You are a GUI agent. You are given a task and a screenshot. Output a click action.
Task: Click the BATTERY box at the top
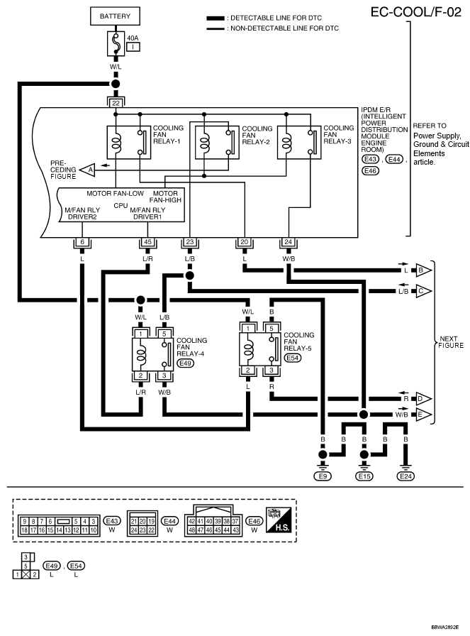click(115, 16)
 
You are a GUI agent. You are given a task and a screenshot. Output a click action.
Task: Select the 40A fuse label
click(133, 38)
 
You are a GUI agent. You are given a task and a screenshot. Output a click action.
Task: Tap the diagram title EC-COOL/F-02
click(415, 12)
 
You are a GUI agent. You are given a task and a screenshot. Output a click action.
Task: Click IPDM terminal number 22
click(116, 103)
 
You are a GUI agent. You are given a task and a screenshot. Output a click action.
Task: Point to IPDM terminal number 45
click(147, 242)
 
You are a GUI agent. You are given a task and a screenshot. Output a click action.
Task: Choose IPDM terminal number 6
click(82, 242)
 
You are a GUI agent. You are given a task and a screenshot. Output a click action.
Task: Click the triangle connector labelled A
click(87, 170)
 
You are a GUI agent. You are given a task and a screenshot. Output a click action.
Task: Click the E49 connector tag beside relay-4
click(186, 363)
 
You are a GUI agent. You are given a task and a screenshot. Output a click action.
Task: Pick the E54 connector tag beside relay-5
click(293, 358)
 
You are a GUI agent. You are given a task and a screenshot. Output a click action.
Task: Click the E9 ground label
click(323, 476)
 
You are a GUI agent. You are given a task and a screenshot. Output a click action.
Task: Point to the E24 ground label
click(405, 476)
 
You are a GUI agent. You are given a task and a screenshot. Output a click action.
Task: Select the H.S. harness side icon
click(278, 520)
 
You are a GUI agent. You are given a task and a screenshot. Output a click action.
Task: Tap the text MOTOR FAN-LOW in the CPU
click(115, 194)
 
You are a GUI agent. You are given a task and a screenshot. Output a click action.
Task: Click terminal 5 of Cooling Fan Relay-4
click(164, 334)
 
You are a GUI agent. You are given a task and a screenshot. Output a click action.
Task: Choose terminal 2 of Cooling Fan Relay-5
click(248, 370)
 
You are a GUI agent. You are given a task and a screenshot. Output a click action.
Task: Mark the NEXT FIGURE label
click(451, 342)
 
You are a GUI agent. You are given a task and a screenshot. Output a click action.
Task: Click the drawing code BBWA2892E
click(445, 627)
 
